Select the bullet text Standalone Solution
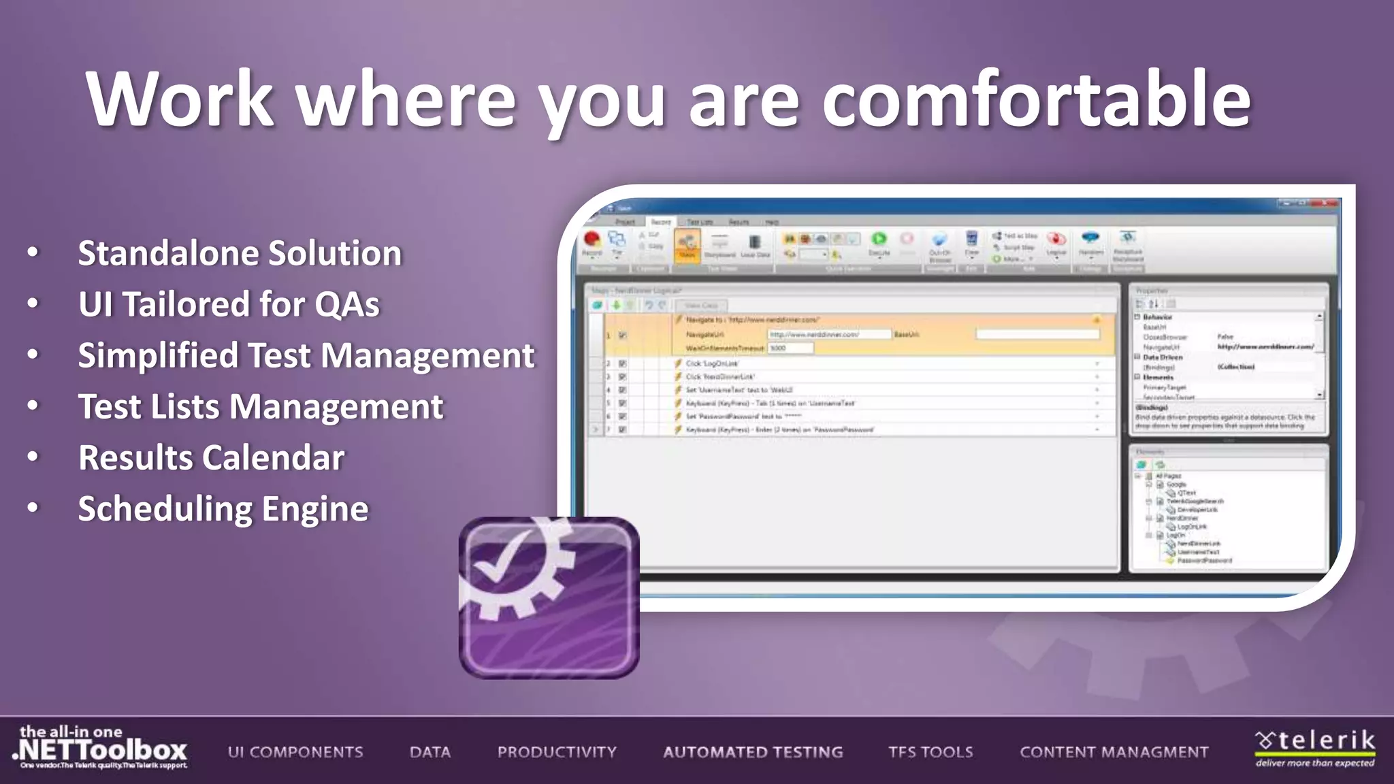(240, 253)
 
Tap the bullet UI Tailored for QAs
(229, 304)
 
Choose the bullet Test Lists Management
(260, 407)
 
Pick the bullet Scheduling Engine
(223, 509)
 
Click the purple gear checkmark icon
(549, 598)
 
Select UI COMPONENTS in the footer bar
(295, 752)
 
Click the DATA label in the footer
(430, 752)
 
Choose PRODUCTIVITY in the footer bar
(557, 752)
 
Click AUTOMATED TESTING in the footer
(753, 752)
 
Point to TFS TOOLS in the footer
(930, 752)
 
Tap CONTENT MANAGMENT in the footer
(1114, 752)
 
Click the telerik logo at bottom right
(1315, 748)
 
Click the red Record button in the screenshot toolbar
(591, 240)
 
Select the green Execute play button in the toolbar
(879, 240)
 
